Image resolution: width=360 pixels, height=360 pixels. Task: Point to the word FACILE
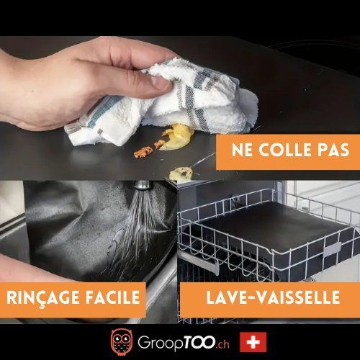(113, 297)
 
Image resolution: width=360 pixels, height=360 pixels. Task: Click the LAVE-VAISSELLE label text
(273, 297)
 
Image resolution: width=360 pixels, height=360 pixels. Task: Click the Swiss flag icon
(253, 342)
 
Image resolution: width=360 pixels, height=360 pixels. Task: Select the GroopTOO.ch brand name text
(184, 343)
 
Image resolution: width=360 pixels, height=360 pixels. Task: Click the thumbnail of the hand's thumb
(161, 84)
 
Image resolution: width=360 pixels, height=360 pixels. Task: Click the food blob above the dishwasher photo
(181, 174)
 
